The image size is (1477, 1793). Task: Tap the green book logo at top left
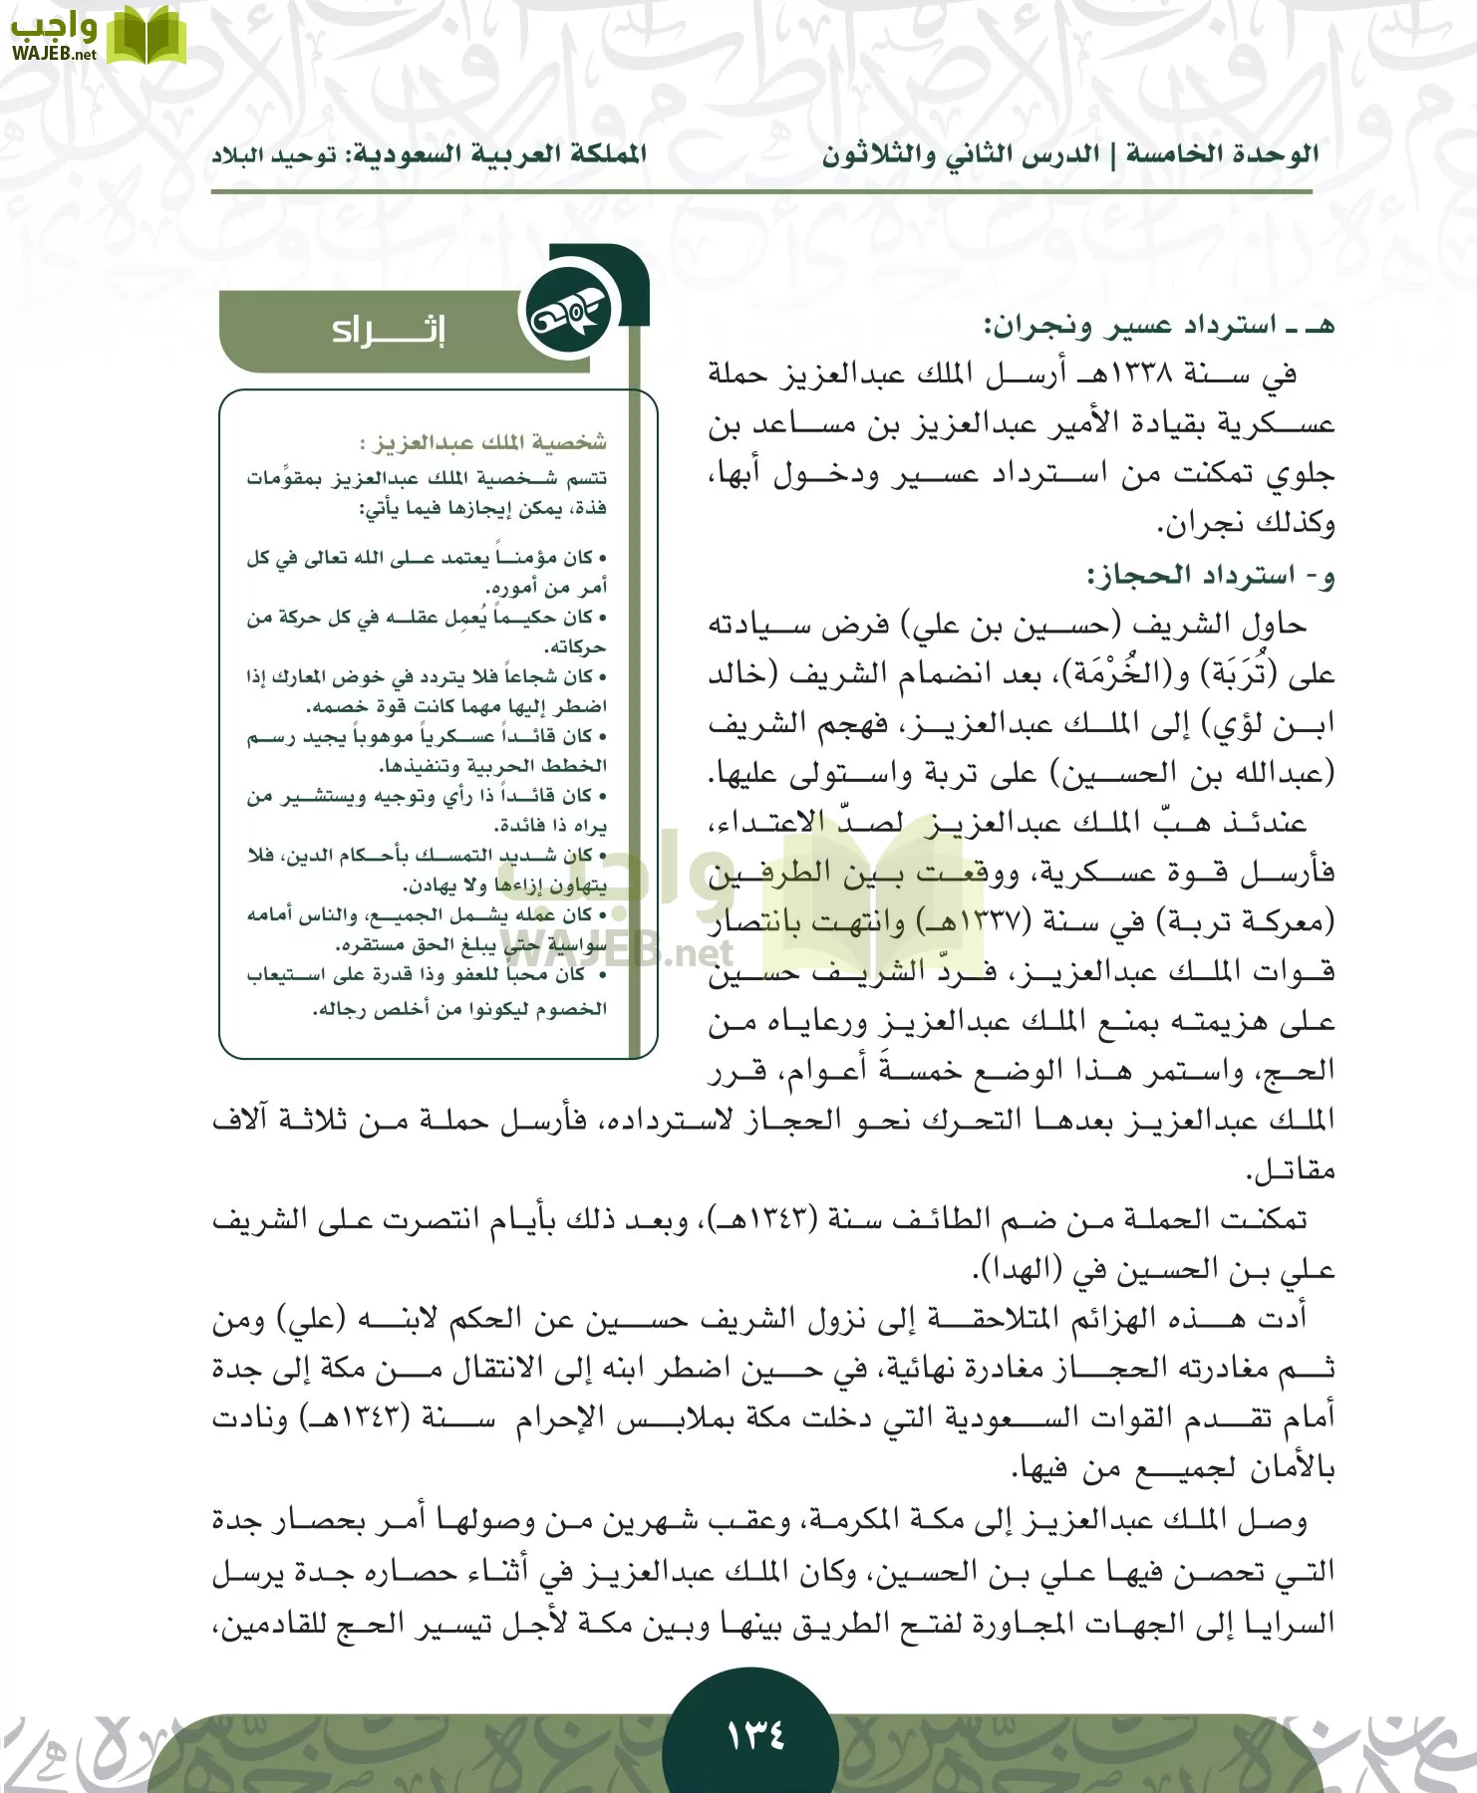[x=146, y=35]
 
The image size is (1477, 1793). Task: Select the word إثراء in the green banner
[x=389, y=330]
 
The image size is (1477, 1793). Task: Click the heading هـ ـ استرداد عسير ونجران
[x=1159, y=326]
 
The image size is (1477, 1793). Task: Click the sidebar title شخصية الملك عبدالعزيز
[x=482, y=441]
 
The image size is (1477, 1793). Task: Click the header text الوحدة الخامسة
[x=1222, y=154]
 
